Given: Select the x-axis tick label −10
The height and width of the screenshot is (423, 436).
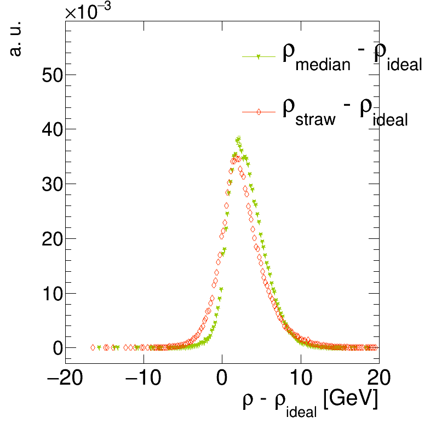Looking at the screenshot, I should (144, 379).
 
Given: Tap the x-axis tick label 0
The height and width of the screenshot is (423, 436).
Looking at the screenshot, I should (222, 379).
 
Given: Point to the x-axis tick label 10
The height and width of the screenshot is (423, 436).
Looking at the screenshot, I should (300, 379).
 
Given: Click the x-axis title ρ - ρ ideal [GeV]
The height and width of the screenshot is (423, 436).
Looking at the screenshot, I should (310, 402).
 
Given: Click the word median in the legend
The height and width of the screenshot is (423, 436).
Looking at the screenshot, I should (323, 65).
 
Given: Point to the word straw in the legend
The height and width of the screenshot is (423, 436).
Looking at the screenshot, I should (315, 119).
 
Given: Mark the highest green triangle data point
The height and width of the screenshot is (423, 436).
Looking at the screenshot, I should (239, 139).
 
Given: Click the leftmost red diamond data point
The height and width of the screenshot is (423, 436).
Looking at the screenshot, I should (93, 347).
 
